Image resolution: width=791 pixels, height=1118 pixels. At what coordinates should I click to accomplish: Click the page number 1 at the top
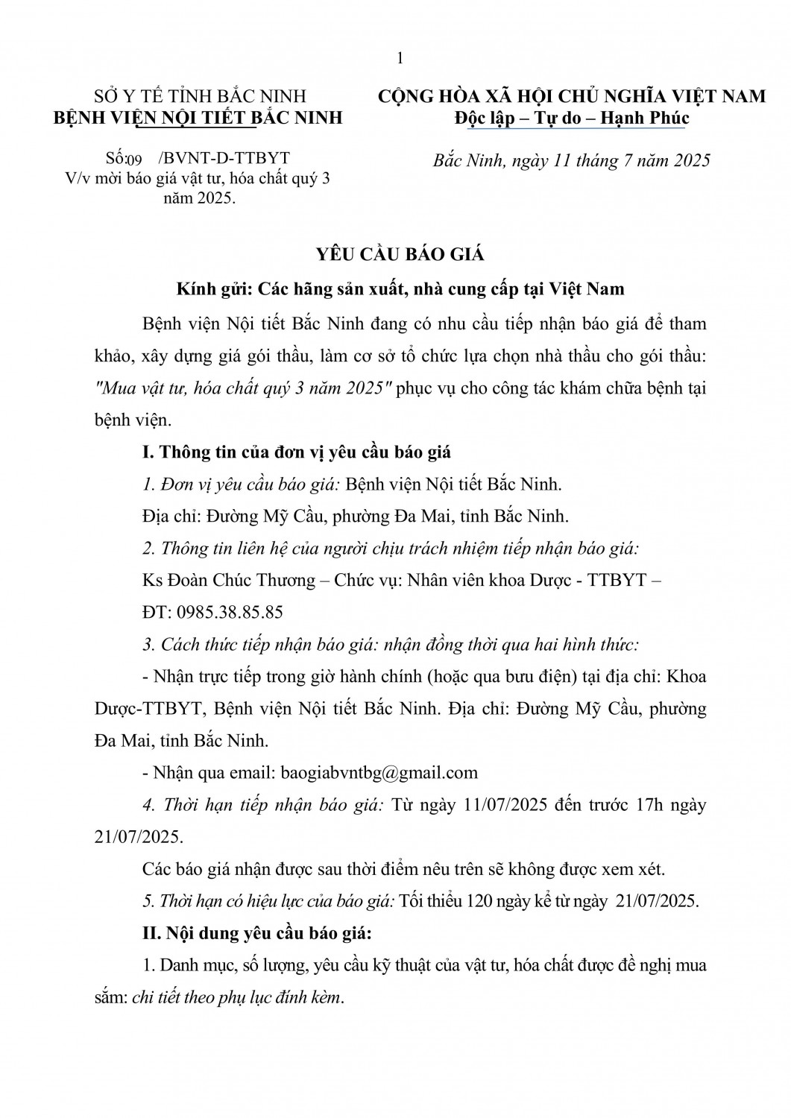[400, 59]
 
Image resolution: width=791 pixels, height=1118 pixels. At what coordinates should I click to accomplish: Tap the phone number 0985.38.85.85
[228, 613]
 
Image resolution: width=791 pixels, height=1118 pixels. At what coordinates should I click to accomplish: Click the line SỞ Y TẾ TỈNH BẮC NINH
[200, 96]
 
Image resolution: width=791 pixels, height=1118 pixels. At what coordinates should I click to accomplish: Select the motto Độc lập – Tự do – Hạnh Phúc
[572, 118]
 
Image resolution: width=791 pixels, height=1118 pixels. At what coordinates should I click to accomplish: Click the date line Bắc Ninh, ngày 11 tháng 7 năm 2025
[572, 160]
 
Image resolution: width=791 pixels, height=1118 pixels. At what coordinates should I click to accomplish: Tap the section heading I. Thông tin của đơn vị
[296, 452]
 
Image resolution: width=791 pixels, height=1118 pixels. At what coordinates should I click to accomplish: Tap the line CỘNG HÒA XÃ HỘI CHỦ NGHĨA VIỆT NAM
[572, 96]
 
